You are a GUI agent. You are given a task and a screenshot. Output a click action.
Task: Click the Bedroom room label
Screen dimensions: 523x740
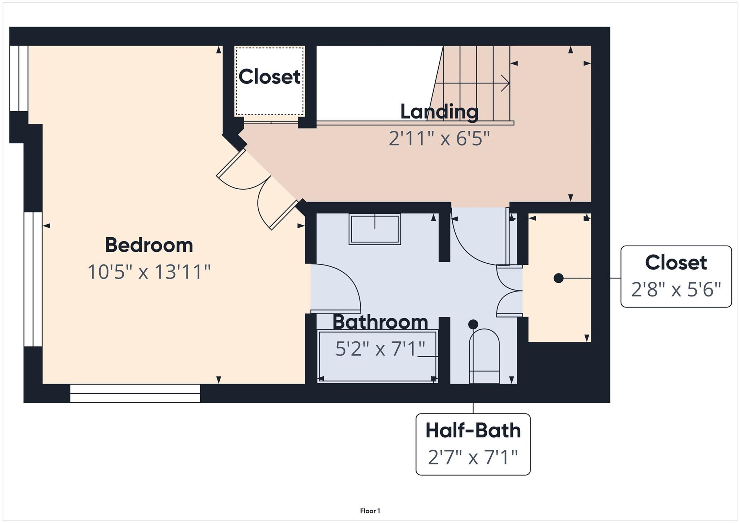149,245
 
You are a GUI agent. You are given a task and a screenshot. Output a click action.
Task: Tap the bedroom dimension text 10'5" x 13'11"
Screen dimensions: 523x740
149,272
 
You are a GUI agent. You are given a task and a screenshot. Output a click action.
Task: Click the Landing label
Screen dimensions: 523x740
439,112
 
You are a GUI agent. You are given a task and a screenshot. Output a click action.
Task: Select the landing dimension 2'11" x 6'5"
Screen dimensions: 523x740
439,138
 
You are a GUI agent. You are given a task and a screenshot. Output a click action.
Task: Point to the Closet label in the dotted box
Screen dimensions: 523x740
270,77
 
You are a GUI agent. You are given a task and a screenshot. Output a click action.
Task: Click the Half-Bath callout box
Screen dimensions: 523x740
473,444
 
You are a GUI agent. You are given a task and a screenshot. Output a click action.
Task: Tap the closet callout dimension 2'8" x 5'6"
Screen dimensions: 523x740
676,290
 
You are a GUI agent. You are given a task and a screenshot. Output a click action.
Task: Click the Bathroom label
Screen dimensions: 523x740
380,322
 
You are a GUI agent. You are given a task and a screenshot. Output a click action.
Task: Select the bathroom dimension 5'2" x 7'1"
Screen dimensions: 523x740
380,349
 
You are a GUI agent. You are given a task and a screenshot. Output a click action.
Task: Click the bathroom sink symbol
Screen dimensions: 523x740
375,229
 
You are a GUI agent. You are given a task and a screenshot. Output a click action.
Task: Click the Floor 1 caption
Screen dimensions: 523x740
370,511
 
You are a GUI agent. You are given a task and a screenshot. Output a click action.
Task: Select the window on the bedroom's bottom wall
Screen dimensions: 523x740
135,393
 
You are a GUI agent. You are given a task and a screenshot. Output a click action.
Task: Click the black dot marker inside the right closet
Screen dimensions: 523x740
559,278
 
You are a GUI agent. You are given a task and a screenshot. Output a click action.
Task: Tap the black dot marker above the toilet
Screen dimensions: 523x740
473,324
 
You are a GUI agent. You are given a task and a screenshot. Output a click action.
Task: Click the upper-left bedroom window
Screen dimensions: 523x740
19,78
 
